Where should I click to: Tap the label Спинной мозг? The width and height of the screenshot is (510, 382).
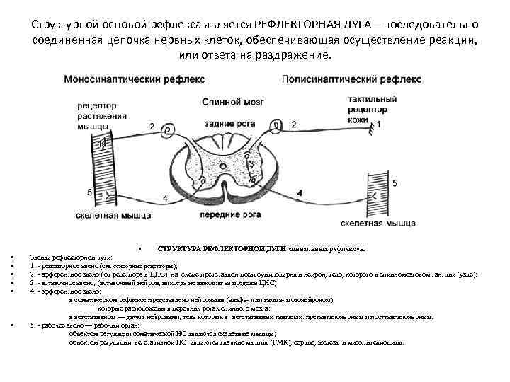click(224, 102)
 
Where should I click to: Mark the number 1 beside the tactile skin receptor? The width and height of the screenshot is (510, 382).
click(378, 124)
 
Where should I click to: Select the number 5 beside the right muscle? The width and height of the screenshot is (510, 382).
click(395, 184)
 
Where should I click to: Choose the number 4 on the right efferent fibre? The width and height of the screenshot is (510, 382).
click(300, 192)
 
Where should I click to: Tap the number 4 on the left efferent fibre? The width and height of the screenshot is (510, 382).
click(165, 199)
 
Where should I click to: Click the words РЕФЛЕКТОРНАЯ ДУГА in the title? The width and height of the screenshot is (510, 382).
click(306, 24)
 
